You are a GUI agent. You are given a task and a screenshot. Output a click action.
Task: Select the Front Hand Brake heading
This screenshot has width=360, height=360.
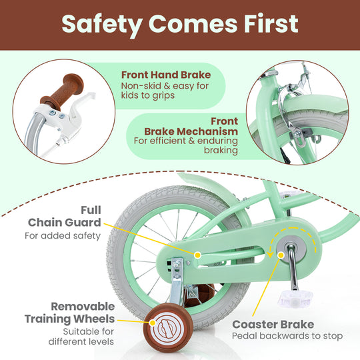(165, 75)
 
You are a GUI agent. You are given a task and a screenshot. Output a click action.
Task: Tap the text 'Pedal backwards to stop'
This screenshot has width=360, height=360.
(287, 337)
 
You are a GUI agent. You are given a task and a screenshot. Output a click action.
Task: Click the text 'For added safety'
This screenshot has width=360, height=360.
(63, 235)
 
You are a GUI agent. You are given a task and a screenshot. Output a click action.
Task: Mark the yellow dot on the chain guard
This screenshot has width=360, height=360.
(197, 254)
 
